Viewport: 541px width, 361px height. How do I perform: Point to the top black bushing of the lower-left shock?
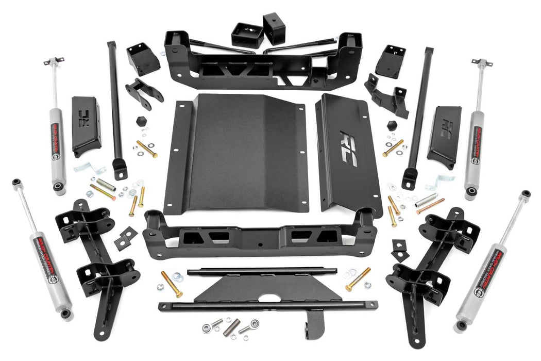point(18,182)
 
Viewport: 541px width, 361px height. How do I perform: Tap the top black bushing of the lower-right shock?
point(525,194)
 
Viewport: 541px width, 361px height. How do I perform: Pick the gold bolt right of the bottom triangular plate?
point(358,279)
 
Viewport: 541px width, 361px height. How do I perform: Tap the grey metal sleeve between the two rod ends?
point(232,326)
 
